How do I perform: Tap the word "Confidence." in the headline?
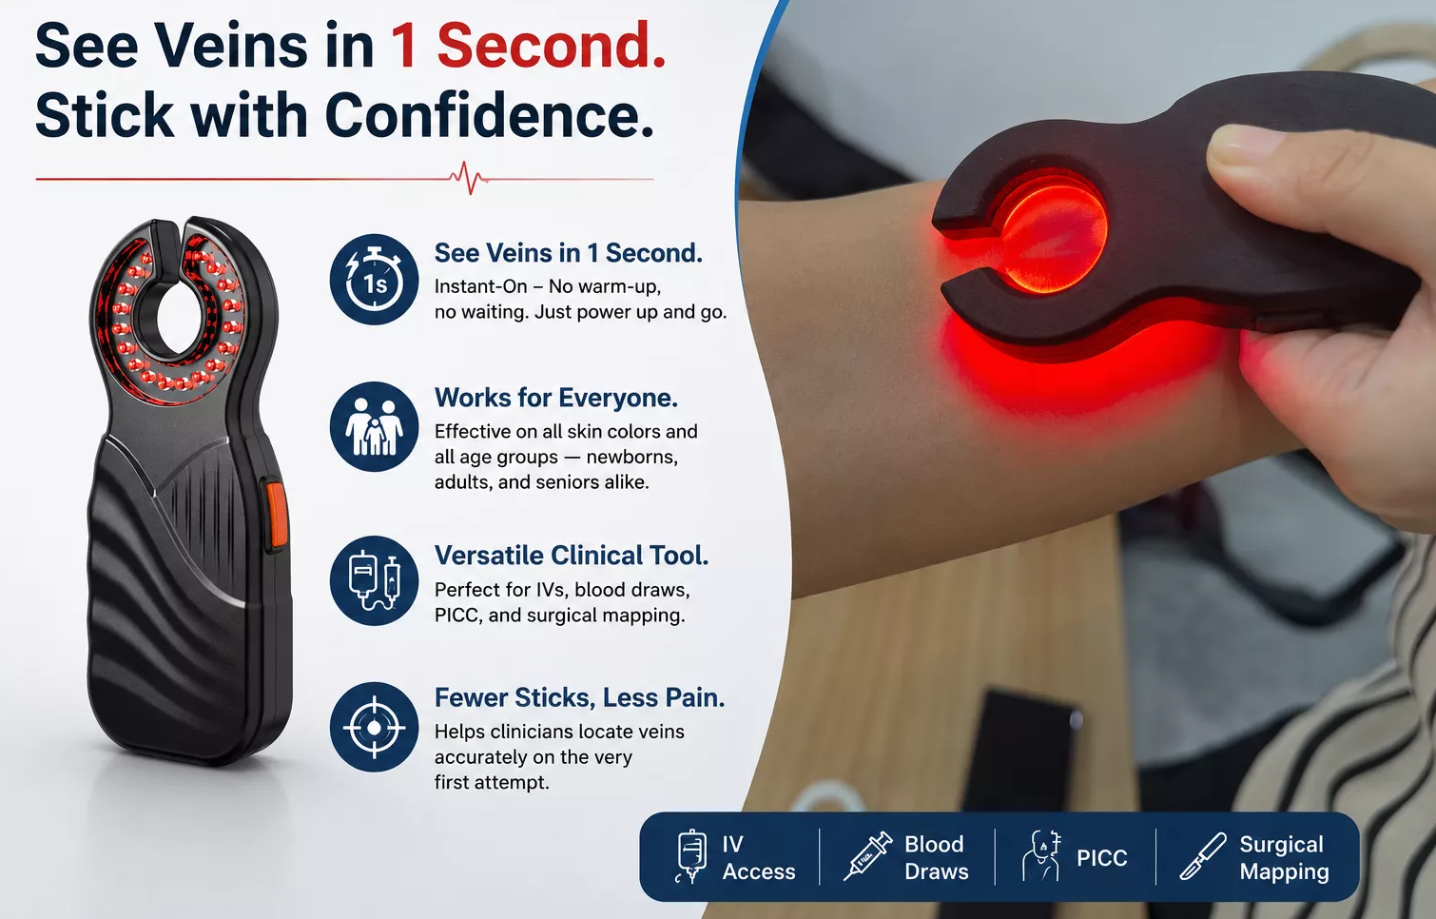pos(489,115)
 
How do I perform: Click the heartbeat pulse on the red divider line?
pos(470,178)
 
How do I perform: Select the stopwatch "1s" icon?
pos(375,280)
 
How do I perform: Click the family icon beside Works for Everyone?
pos(375,427)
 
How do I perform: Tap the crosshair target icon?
pos(375,727)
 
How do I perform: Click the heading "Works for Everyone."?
pos(555,398)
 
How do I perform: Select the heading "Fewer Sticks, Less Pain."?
pos(579,697)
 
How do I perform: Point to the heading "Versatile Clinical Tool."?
pos(572,556)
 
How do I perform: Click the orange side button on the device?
pos(276,515)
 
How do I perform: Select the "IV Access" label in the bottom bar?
pos(758,857)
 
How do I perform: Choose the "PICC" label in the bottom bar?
pos(1101,857)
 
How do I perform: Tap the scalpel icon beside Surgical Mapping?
pos(1203,856)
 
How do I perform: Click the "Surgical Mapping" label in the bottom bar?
pos(1284,857)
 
